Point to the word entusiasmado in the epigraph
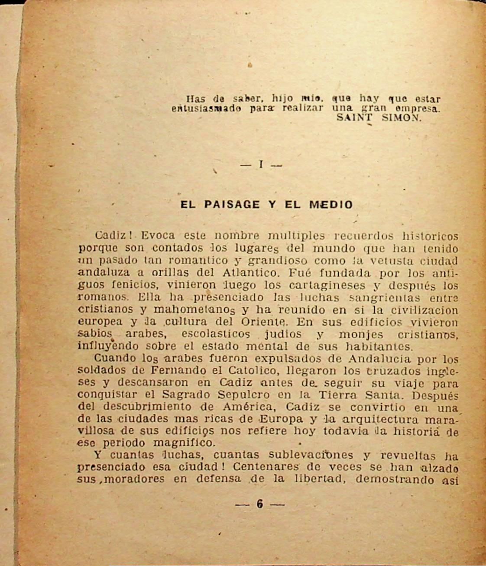[x=206, y=108]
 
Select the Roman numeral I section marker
[x=261, y=165]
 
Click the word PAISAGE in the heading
[x=232, y=204]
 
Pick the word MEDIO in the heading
[x=331, y=204]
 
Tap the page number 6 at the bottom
[x=260, y=504]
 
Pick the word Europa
[x=279, y=419]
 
